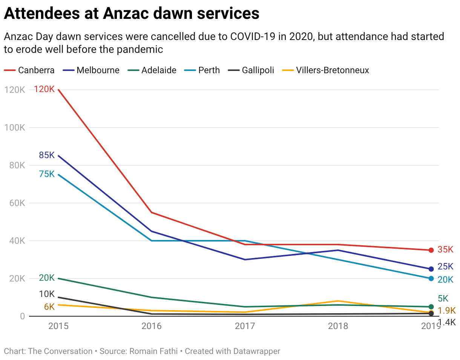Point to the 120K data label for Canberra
pyautogui.click(x=44, y=89)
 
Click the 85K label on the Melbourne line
pyautogui.click(x=47, y=155)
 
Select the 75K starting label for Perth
pyautogui.click(x=47, y=174)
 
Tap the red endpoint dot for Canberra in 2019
pyautogui.click(x=431, y=250)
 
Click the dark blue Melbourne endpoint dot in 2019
pyautogui.click(x=431, y=269)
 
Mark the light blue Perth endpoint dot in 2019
pyautogui.click(x=431, y=278)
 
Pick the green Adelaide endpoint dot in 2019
pyautogui.click(x=431, y=307)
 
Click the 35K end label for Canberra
pyautogui.click(x=445, y=250)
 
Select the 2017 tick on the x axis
pyautogui.click(x=245, y=326)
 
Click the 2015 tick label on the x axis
pyautogui.click(x=58, y=326)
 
